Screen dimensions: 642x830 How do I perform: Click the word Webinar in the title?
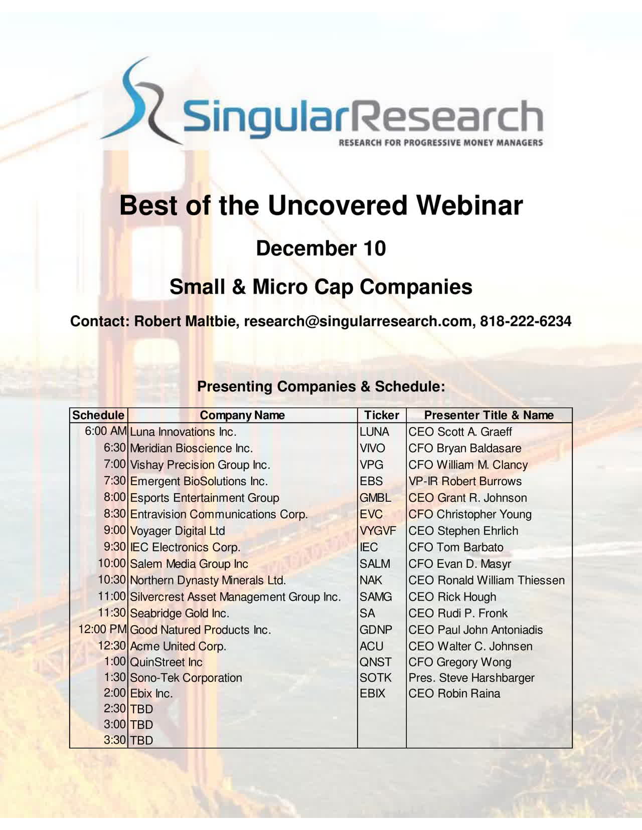coord(469,205)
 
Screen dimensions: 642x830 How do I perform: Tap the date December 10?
coord(321,248)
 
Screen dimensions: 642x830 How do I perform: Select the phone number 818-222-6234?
coord(526,321)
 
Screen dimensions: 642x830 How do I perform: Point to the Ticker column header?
coord(381,415)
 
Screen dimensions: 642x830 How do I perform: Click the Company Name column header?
coord(242,415)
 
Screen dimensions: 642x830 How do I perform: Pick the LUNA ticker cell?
coord(374,432)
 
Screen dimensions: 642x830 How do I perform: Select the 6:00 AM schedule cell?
coord(105,431)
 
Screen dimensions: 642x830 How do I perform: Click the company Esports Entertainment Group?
coord(205,498)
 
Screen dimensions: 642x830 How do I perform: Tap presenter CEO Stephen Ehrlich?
coord(463,531)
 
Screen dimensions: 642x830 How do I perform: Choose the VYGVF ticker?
coord(378,531)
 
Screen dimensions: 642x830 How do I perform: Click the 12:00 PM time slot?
coord(102,629)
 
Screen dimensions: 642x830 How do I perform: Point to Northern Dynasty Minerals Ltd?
coord(208,580)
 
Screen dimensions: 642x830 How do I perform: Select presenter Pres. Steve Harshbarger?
coord(471,678)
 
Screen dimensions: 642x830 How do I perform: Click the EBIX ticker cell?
coord(372,693)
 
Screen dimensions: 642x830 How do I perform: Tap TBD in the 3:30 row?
coord(141,741)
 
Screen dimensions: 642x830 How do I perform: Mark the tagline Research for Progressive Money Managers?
coord(441,143)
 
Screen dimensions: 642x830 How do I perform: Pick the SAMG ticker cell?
coord(376,596)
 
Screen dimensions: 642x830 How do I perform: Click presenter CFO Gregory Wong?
coord(460,662)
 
